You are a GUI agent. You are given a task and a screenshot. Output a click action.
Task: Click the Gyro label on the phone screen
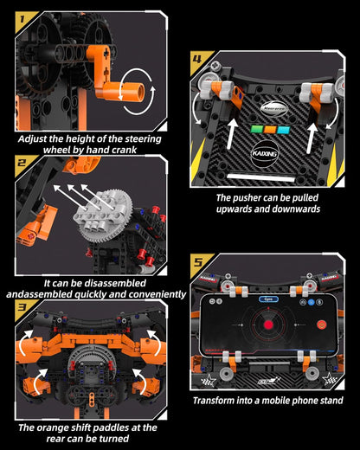point(266,299)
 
